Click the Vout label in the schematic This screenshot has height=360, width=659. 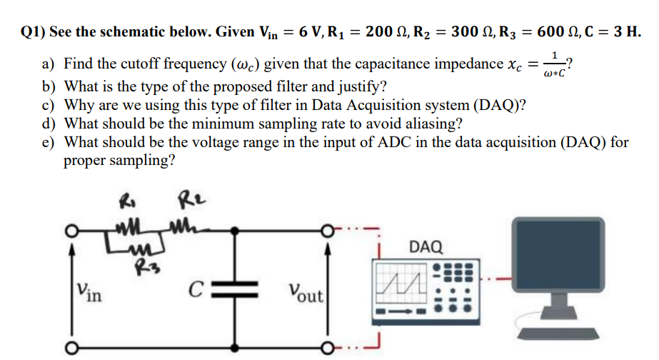click(306, 294)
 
